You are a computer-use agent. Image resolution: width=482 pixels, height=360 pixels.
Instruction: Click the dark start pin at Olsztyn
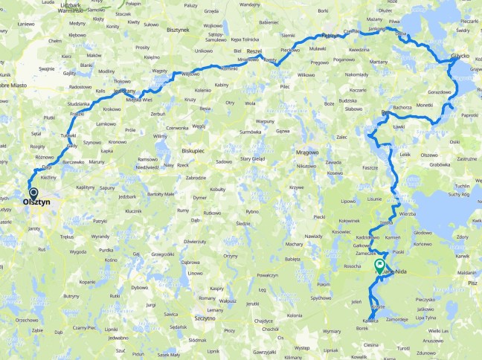point(33,193)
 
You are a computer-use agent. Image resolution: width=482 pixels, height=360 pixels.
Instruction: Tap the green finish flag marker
point(380,264)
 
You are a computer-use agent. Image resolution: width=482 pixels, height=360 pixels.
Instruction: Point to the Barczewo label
point(73,161)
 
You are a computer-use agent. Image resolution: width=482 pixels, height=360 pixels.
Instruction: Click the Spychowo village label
point(321,298)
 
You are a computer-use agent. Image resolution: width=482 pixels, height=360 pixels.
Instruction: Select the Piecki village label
point(319,216)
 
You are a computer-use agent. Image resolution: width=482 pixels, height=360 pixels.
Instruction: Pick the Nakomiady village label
point(357,74)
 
